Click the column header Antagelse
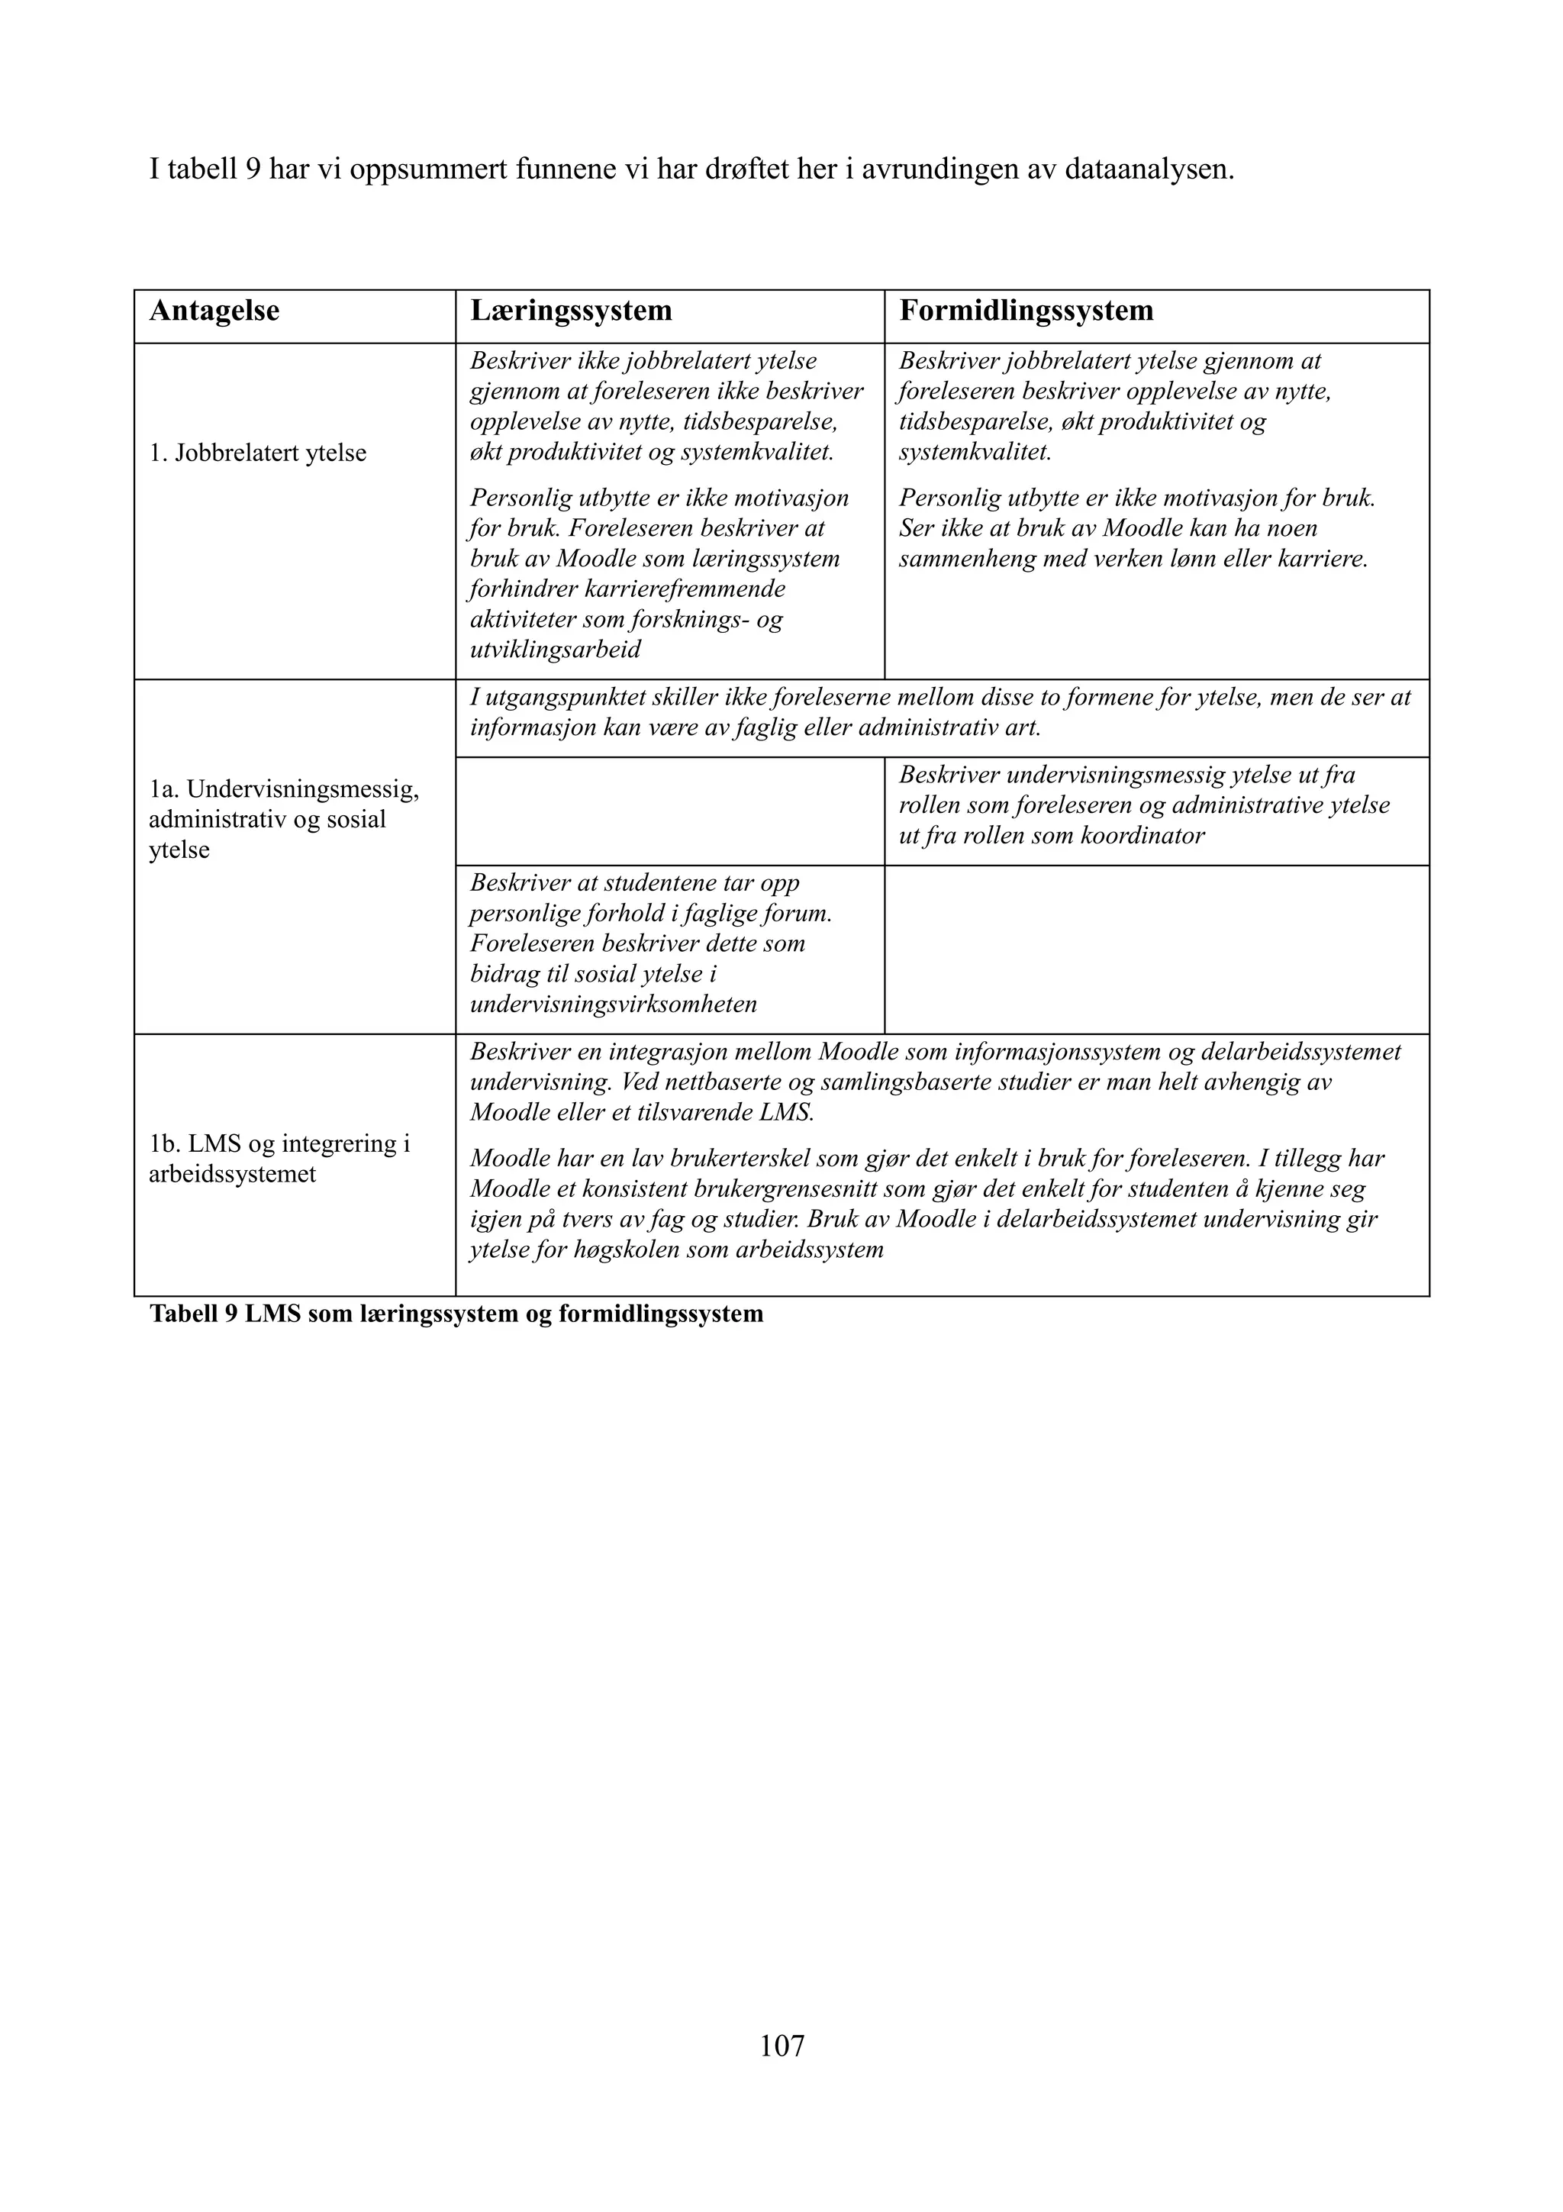coord(214,311)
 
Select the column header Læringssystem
coord(570,311)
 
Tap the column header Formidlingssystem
coord(1026,311)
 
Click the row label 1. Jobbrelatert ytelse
coord(257,453)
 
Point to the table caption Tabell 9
coord(456,1314)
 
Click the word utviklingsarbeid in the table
coord(555,650)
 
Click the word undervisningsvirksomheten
coord(613,1004)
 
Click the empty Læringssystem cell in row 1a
coord(669,811)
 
